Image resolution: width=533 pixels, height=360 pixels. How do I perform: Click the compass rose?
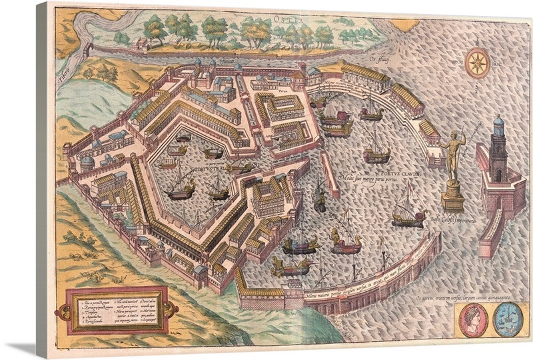[478, 63]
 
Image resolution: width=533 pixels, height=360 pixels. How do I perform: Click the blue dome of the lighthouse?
[498, 124]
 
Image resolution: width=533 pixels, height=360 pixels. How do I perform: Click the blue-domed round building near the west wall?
[87, 162]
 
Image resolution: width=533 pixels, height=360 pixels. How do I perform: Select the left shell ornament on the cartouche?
[63, 310]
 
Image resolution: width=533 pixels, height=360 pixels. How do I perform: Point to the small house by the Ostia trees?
[141, 43]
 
